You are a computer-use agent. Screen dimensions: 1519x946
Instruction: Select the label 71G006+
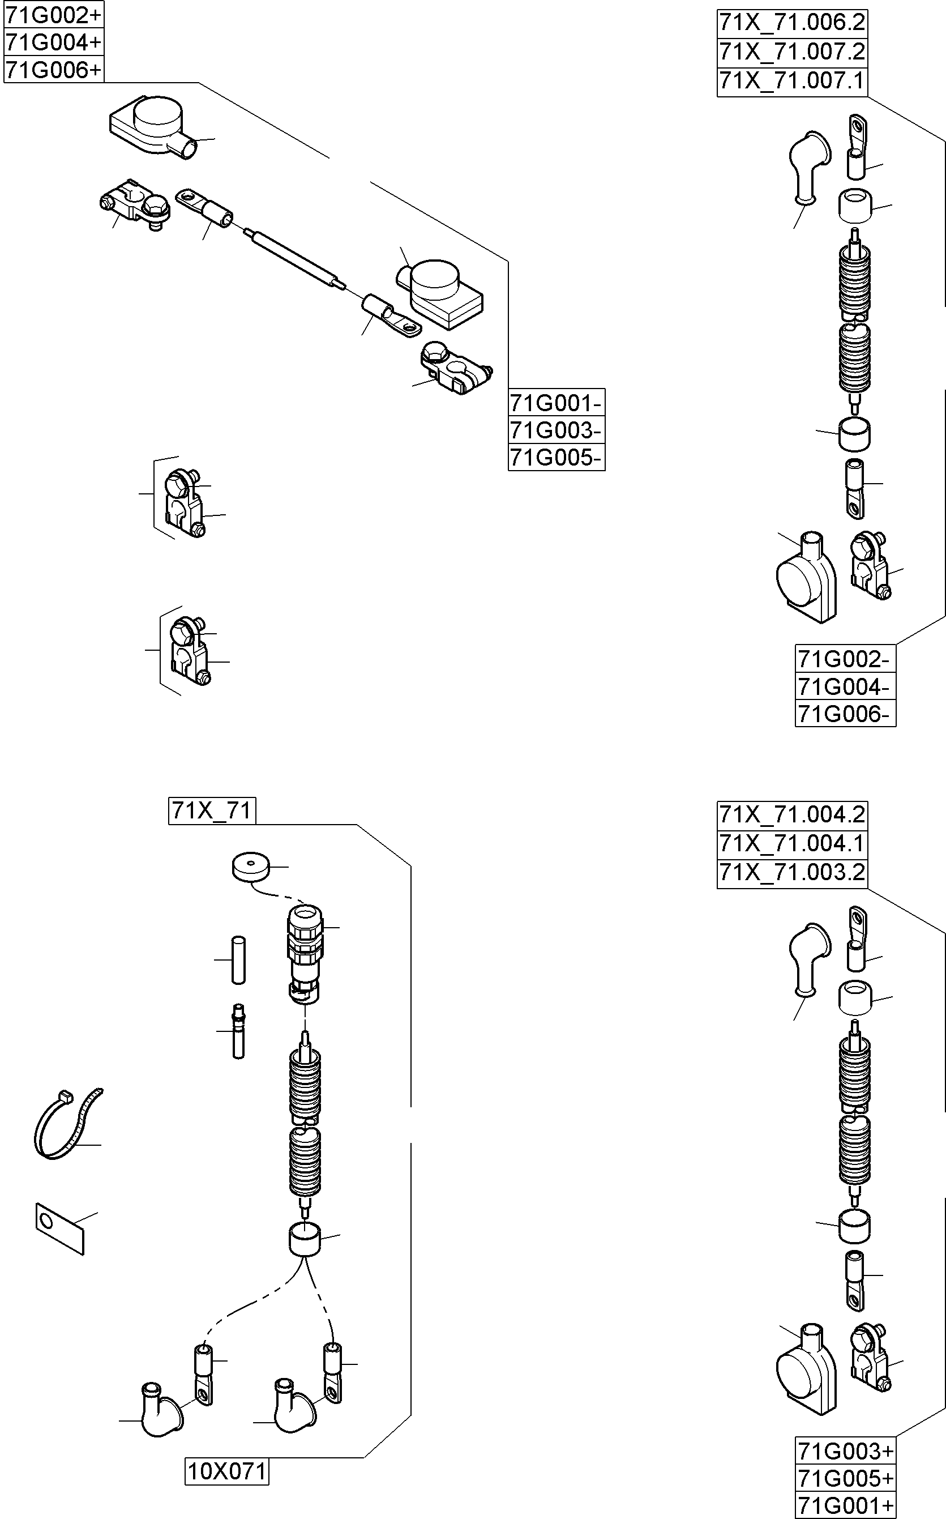tap(53, 70)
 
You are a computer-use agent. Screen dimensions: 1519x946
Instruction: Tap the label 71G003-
tap(555, 430)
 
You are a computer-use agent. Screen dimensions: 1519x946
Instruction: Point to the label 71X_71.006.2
tap(791, 23)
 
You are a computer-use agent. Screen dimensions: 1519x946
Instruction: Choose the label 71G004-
tap(844, 686)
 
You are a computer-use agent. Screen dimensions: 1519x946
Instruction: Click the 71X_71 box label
tap(212, 810)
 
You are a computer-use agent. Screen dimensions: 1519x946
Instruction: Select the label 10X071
tap(227, 1471)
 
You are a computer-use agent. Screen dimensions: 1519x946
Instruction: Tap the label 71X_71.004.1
tap(791, 843)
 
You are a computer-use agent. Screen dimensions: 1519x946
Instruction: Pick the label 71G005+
tap(845, 1478)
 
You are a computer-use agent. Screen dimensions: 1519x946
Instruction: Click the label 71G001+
tap(845, 1506)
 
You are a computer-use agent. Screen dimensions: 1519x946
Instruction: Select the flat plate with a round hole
tap(59, 1228)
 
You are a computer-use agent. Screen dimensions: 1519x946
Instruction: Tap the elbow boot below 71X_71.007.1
tap(808, 166)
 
